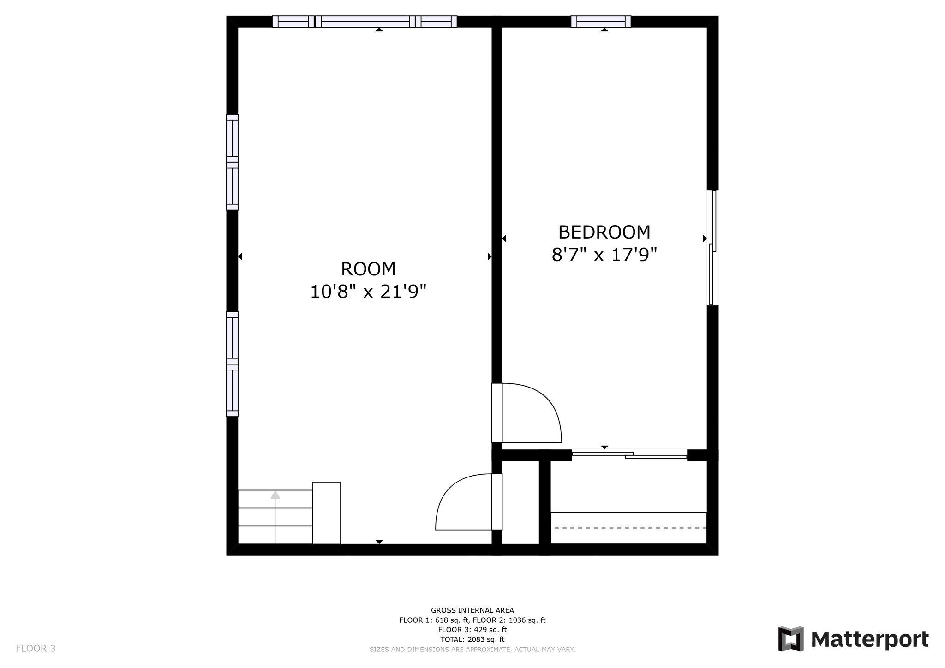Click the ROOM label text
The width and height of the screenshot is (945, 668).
(368, 269)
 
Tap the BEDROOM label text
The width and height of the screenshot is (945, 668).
(604, 232)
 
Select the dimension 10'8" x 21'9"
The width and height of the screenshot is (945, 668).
(368, 292)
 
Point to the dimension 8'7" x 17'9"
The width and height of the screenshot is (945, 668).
(604, 255)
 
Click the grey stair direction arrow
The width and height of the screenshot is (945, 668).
(275, 495)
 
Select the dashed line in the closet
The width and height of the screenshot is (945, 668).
(629, 527)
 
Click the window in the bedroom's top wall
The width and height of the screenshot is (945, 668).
(601, 22)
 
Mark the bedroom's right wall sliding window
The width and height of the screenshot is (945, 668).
(713, 248)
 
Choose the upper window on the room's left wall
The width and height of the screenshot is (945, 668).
(232, 162)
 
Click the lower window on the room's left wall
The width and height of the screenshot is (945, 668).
(232, 364)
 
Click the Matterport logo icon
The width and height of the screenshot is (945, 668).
(791, 639)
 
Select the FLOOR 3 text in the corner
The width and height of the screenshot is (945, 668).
(36, 649)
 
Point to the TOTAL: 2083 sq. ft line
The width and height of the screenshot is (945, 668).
(472, 639)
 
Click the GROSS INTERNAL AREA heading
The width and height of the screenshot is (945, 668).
(472, 610)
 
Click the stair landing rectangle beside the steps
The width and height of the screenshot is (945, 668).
(326, 513)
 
